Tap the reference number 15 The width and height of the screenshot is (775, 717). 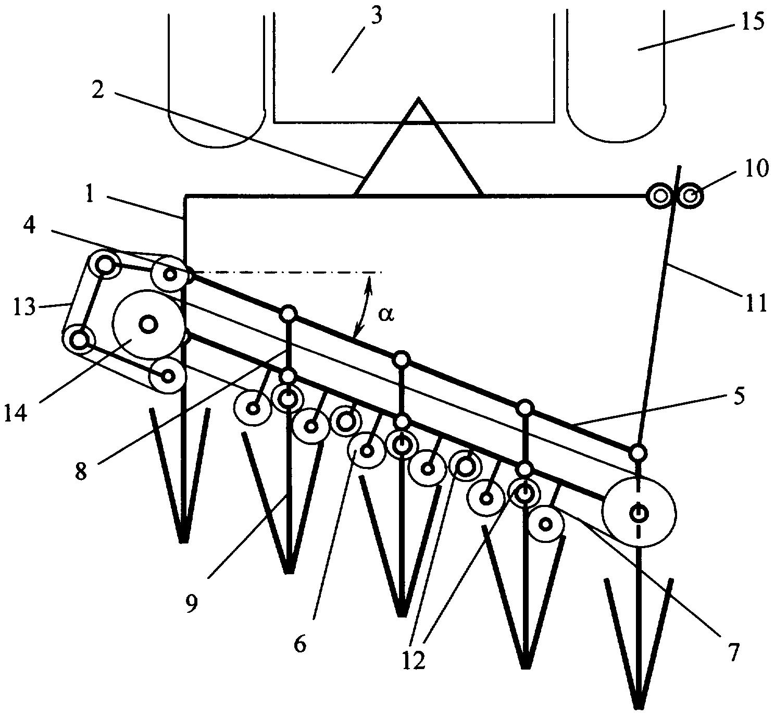coord(753,21)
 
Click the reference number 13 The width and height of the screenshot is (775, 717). coord(24,308)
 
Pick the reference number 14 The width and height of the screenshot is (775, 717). coord(16,412)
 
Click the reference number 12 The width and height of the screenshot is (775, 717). coord(414,660)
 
